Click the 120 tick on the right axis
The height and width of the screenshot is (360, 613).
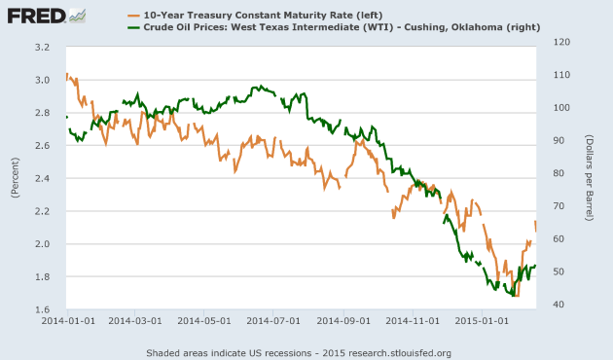pyautogui.click(x=561, y=42)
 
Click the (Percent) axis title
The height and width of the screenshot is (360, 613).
pyautogui.click(x=16, y=179)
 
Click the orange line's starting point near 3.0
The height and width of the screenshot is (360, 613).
pyautogui.click(x=66, y=74)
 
